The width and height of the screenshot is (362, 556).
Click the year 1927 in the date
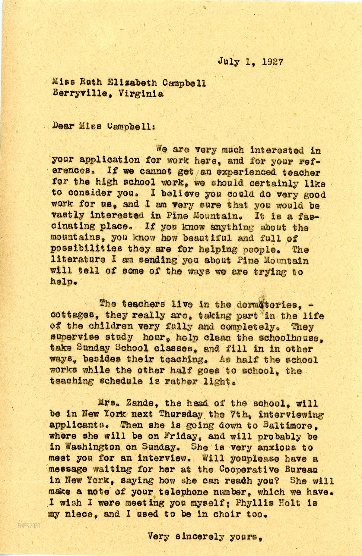[273, 62]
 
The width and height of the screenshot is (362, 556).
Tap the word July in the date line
[228, 62]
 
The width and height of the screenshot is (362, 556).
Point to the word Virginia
[141, 93]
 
